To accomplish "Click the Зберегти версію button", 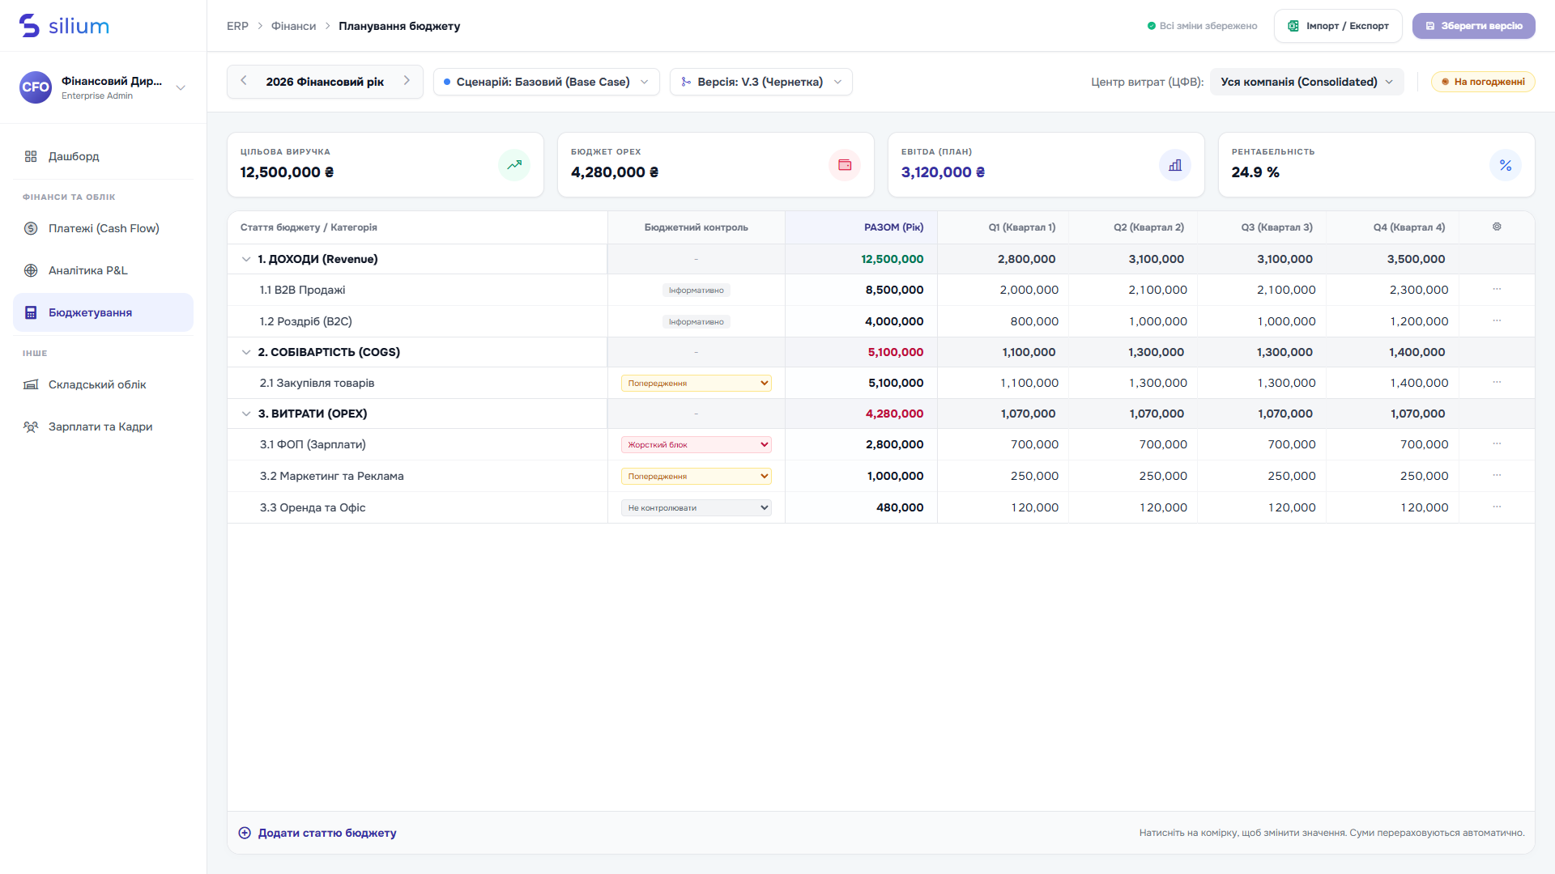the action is coord(1473,26).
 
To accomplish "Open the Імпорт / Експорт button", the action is coord(1338,26).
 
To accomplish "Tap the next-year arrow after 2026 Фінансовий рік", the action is coord(407,81).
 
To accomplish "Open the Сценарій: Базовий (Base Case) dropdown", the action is coord(547,82).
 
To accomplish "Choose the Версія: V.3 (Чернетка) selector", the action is coord(761,82).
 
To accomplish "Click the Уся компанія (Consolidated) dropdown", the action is coord(1306,82).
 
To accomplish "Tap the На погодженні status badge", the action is coord(1483,82).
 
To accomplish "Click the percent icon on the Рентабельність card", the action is coord(1506,165).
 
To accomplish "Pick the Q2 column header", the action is coord(1148,227).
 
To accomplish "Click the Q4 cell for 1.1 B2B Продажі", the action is coord(1419,290).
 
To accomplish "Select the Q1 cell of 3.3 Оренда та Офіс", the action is coord(1034,507).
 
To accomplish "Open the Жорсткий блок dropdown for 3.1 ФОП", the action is coord(697,444).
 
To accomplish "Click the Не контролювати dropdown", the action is coord(697,507).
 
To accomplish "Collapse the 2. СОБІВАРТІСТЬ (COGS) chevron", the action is coord(246,352).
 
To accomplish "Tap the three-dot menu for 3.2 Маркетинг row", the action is coord(1497,476).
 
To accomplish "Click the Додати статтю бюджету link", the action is coord(317,833).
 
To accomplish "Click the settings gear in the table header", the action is coord(1497,227).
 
